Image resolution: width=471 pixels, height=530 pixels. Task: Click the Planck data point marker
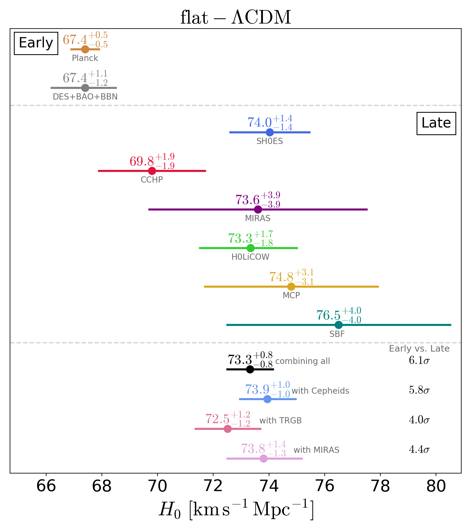(x=85, y=49)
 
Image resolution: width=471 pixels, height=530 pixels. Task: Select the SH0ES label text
(x=269, y=141)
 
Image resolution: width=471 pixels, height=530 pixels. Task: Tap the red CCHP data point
(x=152, y=171)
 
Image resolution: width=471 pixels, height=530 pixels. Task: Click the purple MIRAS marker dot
(x=258, y=209)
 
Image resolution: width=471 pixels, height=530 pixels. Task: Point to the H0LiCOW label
(x=250, y=257)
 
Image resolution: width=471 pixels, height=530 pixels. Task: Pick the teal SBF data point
(x=339, y=325)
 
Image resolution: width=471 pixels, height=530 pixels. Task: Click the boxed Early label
(x=36, y=43)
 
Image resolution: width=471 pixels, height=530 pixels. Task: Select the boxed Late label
(x=436, y=123)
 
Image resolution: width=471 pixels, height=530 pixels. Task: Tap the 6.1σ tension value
(x=419, y=360)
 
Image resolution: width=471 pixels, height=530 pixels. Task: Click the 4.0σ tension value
(x=419, y=420)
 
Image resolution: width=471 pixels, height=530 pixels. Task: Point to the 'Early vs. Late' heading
(x=419, y=349)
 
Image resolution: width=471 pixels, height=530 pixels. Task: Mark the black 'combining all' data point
(x=250, y=369)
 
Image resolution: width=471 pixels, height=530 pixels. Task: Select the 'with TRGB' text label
(x=281, y=420)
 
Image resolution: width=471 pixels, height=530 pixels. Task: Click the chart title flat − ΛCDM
(x=235, y=17)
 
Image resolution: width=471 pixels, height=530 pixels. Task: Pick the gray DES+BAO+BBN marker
(x=85, y=88)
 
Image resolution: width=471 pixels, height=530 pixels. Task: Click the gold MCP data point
(x=291, y=286)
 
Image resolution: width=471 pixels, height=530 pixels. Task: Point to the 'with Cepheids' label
(x=320, y=391)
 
